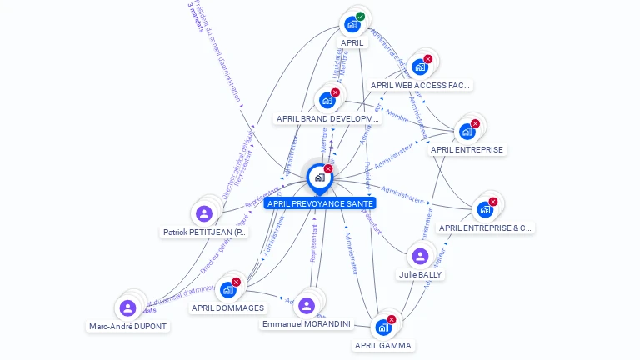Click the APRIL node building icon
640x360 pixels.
(x=352, y=25)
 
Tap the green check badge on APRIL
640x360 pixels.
(x=361, y=17)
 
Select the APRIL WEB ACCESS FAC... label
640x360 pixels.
(x=420, y=85)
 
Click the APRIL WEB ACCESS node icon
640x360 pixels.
(x=420, y=67)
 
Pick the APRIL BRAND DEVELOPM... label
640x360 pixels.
(x=327, y=119)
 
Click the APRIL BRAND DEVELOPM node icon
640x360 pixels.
(x=327, y=100)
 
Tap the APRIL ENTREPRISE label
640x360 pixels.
(x=467, y=150)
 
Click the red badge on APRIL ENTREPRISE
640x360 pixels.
(x=475, y=124)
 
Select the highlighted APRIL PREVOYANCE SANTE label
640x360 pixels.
(x=320, y=203)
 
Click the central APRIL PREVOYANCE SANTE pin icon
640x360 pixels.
(x=319, y=177)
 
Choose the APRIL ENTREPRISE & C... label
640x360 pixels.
(x=485, y=227)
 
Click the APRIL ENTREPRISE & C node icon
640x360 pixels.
(x=485, y=209)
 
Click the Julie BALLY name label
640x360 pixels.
(x=421, y=274)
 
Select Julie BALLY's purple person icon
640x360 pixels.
(x=421, y=256)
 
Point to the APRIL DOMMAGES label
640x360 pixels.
(x=227, y=308)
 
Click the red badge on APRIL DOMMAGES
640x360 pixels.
(x=236, y=282)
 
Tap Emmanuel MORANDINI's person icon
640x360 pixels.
(x=307, y=305)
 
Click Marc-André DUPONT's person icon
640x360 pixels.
(x=127, y=308)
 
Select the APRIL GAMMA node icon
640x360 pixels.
(x=383, y=327)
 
